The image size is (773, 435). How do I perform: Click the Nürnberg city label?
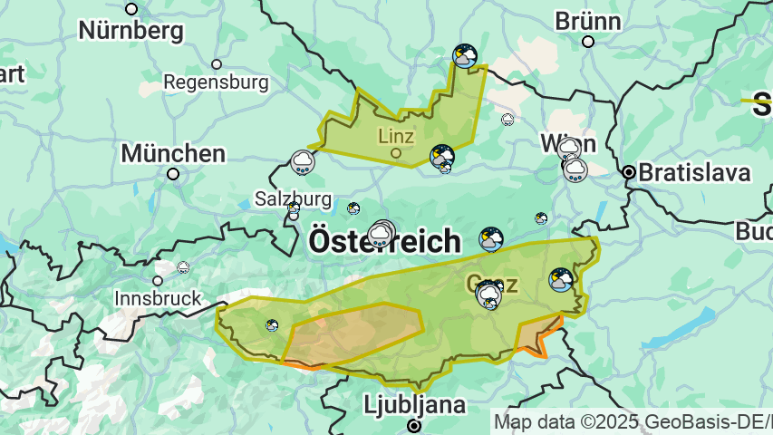pyautogui.click(x=130, y=30)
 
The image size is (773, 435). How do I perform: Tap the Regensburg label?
pyautogui.click(x=216, y=82)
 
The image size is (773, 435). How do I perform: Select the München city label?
pyautogui.click(x=173, y=153)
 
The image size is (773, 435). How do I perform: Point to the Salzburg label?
pyautogui.click(x=293, y=198)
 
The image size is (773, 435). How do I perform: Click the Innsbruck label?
pyautogui.click(x=158, y=297)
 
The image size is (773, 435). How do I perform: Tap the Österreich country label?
pyautogui.click(x=385, y=241)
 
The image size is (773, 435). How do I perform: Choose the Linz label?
pyautogui.click(x=396, y=137)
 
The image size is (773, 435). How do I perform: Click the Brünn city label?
pyautogui.click(x=587, y=20)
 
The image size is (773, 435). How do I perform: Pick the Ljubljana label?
pyautogui.click(x=414, y=404)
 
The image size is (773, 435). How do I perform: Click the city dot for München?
pyautogui.click(x=173, y=174)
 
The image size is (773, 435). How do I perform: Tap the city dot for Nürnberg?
pyautogui.click(x=131, y=9)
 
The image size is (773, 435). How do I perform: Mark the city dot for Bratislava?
pyautogui.click(x=628, y=171)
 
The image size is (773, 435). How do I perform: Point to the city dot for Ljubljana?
pyautogui.click(x=414, y=425)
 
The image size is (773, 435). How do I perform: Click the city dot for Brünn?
pyautogui.click(x=588, y=42)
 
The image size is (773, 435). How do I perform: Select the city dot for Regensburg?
pyautogui.click(x=217, y=64)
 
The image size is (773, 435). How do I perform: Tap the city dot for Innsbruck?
pyautogui.click(x=158, y=281)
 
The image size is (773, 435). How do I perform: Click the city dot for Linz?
pyautogui.click(x=396, y=153)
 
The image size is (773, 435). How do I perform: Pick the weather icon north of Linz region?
pyautogui.click(x=465, y=56)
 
